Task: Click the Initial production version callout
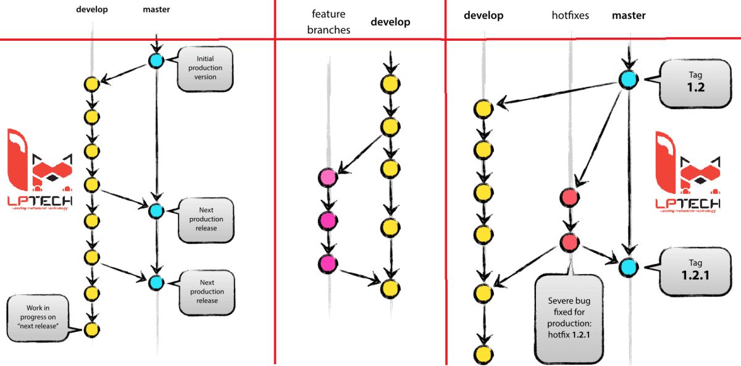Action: click(x=205, y=68)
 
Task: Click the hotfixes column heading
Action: click(x=571, y=16)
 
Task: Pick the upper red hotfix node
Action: click(x=569, y=198)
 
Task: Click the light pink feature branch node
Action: click(x=327, y=178)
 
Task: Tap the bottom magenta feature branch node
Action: click(x=327, y=264)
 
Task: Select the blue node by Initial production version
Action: click(x=156, y=60)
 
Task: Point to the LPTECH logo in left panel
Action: click(x=39, y=168)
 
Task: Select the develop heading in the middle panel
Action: click(x=390, y=22)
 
